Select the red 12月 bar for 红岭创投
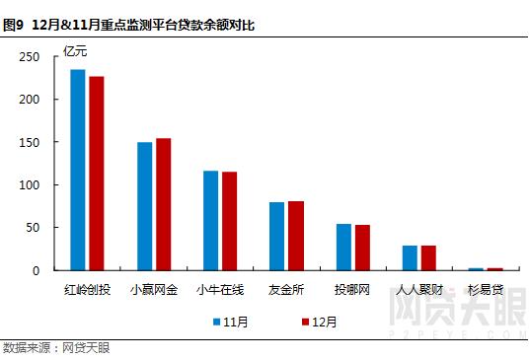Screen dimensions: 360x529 (97, 174)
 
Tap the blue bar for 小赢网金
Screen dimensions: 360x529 (144, 206)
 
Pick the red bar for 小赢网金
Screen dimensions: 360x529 (163, 204)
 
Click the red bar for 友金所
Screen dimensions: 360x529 (295, 236)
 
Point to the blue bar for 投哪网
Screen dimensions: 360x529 (343, 247)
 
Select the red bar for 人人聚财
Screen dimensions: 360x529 (428, 257)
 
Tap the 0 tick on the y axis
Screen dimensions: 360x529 (37, 270)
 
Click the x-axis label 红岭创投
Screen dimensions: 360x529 (87, 291)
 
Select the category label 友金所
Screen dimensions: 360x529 (286, 291)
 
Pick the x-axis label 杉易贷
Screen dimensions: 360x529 (485, 291)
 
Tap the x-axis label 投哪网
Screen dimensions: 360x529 (352, 291)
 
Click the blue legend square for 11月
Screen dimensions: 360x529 (215, 322)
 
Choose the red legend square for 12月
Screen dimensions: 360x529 (304, 322)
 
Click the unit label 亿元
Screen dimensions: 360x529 (76, 50)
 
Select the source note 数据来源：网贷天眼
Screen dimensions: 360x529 (55, 348)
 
